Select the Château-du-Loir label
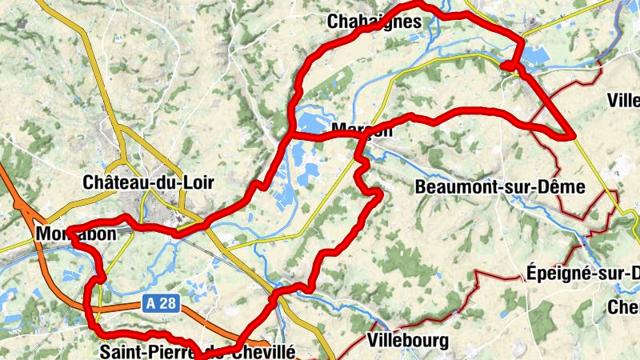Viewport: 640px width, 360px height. click(149, 182)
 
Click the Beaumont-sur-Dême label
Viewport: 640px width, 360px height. click(501, 187)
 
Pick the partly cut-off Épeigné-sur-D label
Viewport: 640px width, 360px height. click(582, 273)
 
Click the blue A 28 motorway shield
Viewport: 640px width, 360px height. click(160, 303)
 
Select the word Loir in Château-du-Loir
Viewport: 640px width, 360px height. click(198, 182)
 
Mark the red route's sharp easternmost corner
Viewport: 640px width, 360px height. click(574, 137)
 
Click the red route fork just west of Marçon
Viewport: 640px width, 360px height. click(290, 135)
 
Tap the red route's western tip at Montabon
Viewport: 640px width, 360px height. click(70, 233)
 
